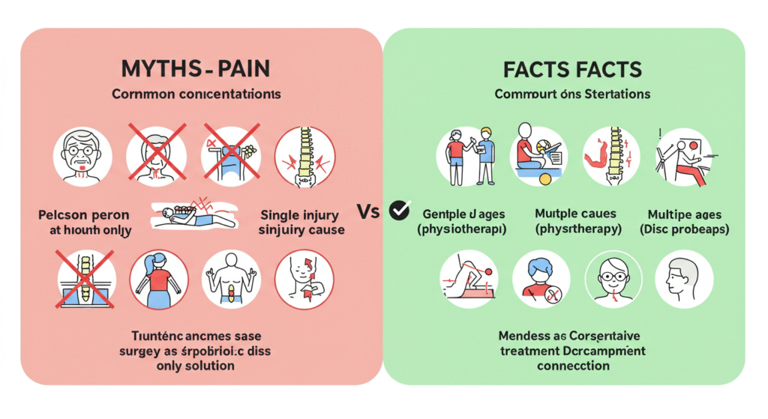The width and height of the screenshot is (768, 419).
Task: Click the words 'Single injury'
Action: click(298, 214)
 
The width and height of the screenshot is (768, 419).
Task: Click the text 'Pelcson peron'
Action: click(85, 214)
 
